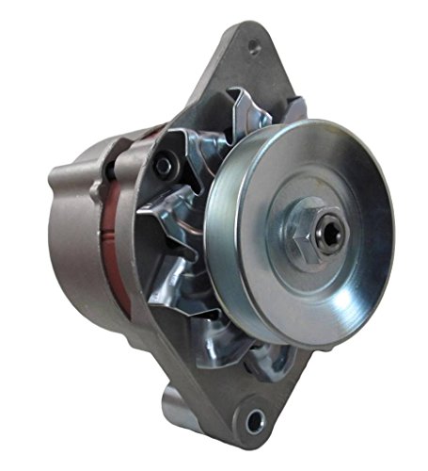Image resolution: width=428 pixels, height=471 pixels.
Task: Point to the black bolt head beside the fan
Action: click(166, 167)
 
